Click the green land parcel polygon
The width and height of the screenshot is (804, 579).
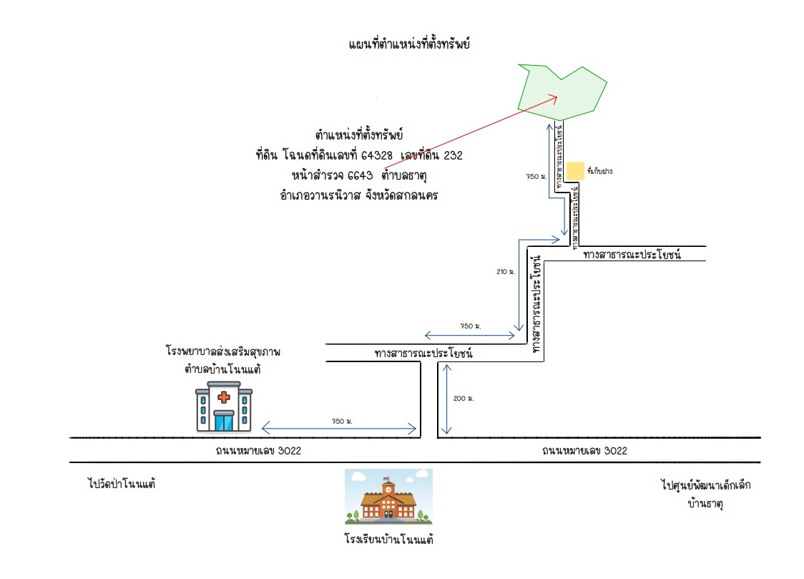[x=562, y=93]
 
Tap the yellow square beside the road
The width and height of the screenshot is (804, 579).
[x=575, y=171]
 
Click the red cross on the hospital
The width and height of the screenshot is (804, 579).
[x=224, y=397]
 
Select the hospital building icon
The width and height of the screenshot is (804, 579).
[x=224, y=407]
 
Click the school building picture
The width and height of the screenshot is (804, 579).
[x=388, y=497]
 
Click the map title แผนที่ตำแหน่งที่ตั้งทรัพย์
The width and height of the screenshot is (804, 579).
[x=409, y=44]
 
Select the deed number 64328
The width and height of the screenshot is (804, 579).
[x=376, y=155]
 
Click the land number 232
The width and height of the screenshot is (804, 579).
[x=453, y=155]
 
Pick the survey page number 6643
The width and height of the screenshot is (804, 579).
[x=360, y=176]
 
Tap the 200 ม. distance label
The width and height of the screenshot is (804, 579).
[x=464, y=399]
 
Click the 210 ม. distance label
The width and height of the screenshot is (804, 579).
[x=506, y=272]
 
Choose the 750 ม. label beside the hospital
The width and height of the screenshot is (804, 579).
[x=342, y=422]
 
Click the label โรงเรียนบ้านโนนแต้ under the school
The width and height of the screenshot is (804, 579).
[x=388, y=539]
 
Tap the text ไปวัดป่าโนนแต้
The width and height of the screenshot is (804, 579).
[x=122, y=484]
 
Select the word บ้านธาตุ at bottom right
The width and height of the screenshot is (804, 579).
[x=705, y=504]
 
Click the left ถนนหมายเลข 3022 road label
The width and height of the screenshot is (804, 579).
[x=258, y=451]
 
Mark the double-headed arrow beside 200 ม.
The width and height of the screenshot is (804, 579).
[x=446, y=399]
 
